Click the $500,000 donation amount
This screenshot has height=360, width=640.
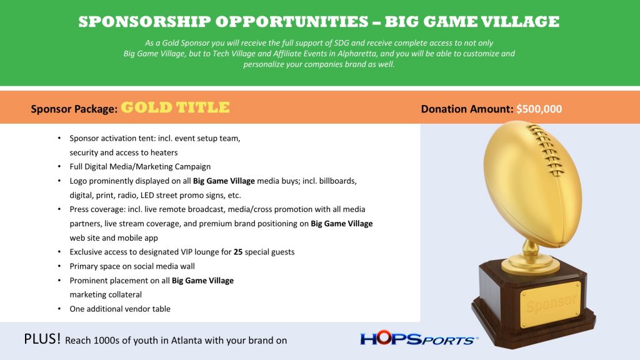point(539,109)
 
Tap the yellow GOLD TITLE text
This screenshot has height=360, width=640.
point(175,107)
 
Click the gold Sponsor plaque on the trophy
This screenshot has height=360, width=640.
point(550,304)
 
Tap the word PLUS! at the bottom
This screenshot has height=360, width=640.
point(42,339)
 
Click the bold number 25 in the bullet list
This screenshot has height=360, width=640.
point(238,252)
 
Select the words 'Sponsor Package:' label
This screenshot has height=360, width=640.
point(74,109)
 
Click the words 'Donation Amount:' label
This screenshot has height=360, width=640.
point(467,109)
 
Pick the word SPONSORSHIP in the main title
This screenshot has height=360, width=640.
point(144,22)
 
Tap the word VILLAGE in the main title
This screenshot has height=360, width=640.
point(519,22)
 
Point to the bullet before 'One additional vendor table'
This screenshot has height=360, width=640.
point(59,309)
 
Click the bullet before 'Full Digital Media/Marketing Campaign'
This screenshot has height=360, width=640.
point(59,166)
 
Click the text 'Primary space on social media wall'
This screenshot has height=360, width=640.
point(132,266)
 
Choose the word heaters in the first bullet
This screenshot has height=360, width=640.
point(164,152)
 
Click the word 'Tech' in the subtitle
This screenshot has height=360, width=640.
point(221,54)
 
